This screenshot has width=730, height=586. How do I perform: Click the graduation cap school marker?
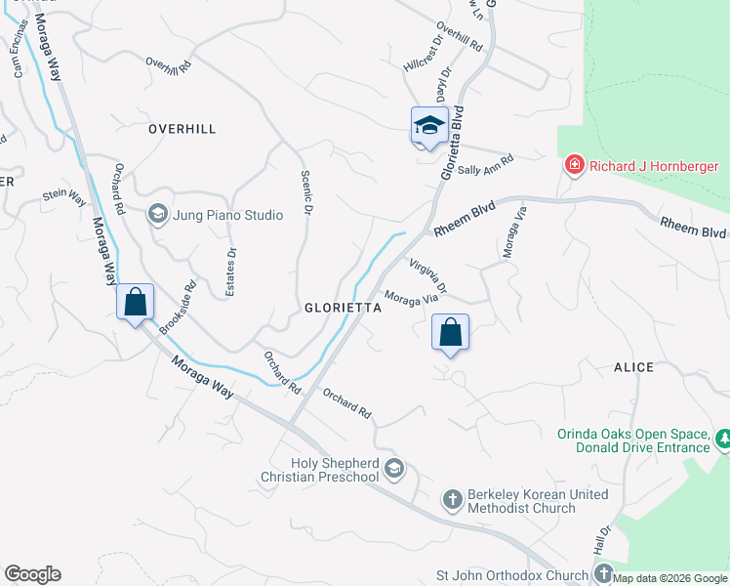tap(428, 125)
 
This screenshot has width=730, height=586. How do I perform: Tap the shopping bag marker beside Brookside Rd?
tap(135, 302)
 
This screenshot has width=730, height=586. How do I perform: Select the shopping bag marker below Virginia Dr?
tap(449, 332)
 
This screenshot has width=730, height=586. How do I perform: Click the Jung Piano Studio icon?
tap(156, 214)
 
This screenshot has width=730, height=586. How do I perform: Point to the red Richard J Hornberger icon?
tap(575, 165)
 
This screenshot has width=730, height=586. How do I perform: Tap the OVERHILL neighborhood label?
tap(182, 129)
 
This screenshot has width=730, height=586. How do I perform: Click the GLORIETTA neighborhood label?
tap(342, 307)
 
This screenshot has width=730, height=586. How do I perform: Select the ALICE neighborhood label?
tap(633, 367)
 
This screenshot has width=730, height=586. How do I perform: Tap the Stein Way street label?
tap(64, 196)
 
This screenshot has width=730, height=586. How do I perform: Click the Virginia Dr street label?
tap(428, 276)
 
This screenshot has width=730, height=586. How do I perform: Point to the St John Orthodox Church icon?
tap(603, 575)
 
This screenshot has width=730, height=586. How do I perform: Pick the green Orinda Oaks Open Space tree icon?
tap(723, 439)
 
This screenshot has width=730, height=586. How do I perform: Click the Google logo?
tap(32, 574)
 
